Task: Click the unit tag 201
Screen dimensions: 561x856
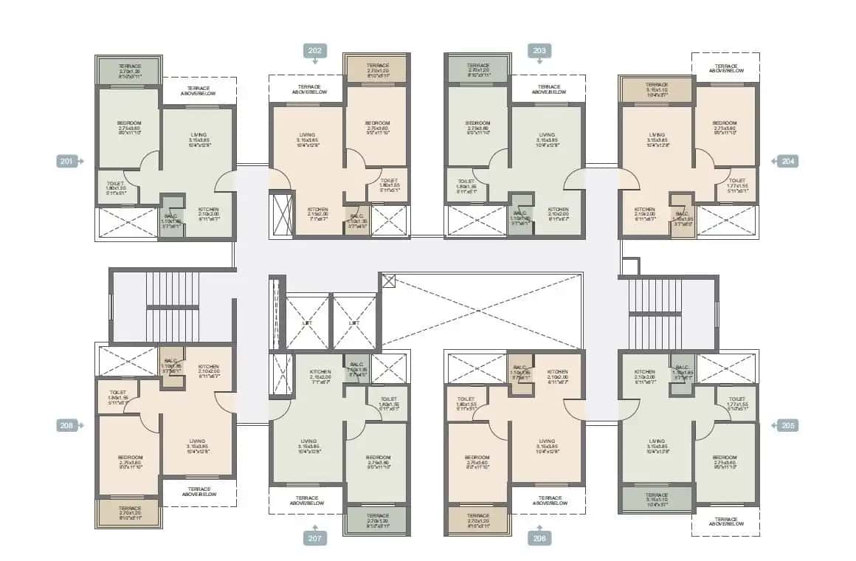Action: click(x=67, y=161)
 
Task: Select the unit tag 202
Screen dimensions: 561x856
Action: click(x=314, y=51)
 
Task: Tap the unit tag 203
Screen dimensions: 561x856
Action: click(x=539, y=51)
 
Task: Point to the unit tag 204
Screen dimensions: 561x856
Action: click(x=788, y=161)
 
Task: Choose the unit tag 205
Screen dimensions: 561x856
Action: click(x=788, y=425)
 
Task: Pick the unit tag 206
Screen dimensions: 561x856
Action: click(x=539, y=538)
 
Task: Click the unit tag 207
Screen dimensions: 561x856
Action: click(x=314, y=538)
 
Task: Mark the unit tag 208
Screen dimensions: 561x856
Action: click(x=67, y=425)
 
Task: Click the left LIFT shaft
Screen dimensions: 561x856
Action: click(x=307, y=323)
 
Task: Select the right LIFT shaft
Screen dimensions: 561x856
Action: click(x=354, y=323)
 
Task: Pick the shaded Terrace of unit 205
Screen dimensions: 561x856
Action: click(x=657, y=499)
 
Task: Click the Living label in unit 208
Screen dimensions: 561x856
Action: click(x=196, y=444)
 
